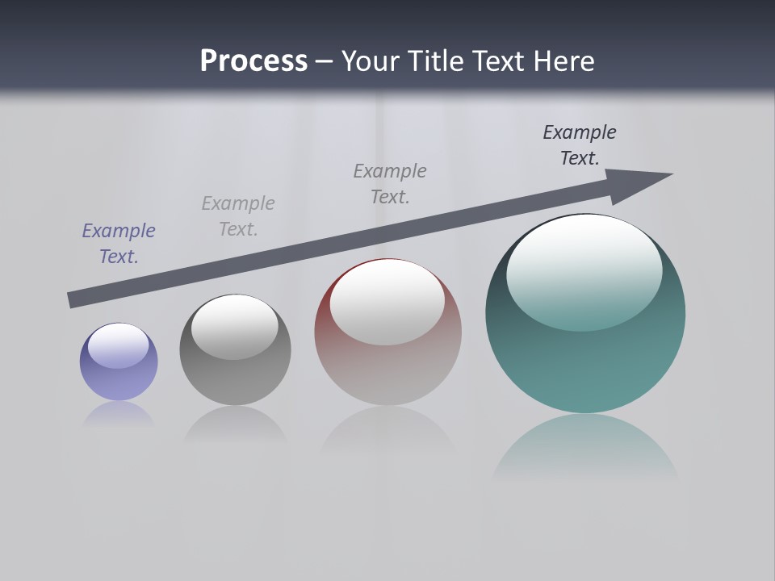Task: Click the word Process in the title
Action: click(x=253, y=61)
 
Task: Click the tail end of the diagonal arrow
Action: click(x=70, y=300)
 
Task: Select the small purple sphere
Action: click(x=119, y=379)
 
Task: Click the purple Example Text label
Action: click(x=119, y=244)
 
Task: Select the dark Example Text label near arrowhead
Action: click(x=580, y=145)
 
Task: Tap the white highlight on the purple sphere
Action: click(x=119, y=345)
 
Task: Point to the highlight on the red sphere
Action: click(x=387, y=303)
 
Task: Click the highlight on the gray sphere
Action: click(x=235, y=326)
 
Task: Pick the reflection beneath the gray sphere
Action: click(x=235, y=424)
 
